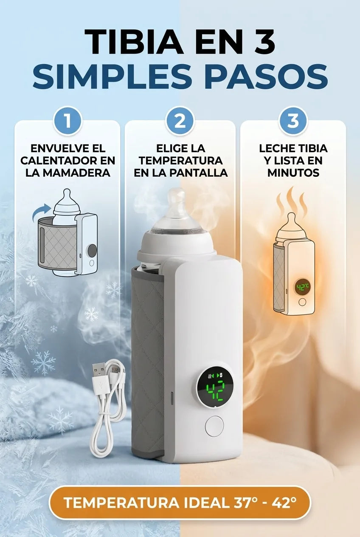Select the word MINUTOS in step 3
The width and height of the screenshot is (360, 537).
[x=293, y=172]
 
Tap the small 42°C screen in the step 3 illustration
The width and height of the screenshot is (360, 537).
[x=302, y=287]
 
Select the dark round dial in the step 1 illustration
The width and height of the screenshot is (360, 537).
[x=92, y=251]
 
